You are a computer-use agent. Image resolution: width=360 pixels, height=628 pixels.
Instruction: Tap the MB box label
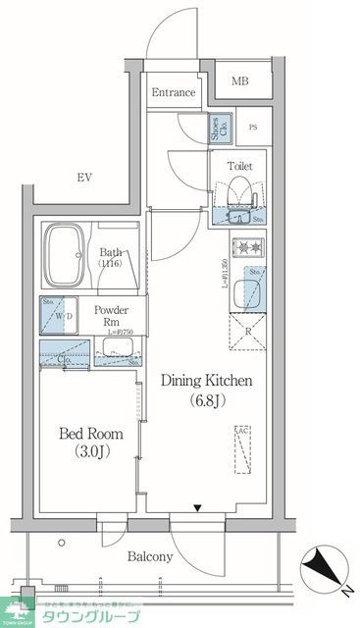(240, 81)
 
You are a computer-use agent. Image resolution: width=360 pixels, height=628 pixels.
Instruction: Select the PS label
(252, 128)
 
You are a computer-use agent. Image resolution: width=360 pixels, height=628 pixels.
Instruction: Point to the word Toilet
(239, 167)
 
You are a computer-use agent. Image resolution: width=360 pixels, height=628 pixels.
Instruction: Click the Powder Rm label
(112, 317)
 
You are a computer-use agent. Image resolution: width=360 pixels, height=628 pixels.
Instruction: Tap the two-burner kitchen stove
(244, 247)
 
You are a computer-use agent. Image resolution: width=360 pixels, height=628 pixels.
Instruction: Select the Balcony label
(150, 556)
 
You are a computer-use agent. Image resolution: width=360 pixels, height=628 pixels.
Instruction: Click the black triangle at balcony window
(200, 508)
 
